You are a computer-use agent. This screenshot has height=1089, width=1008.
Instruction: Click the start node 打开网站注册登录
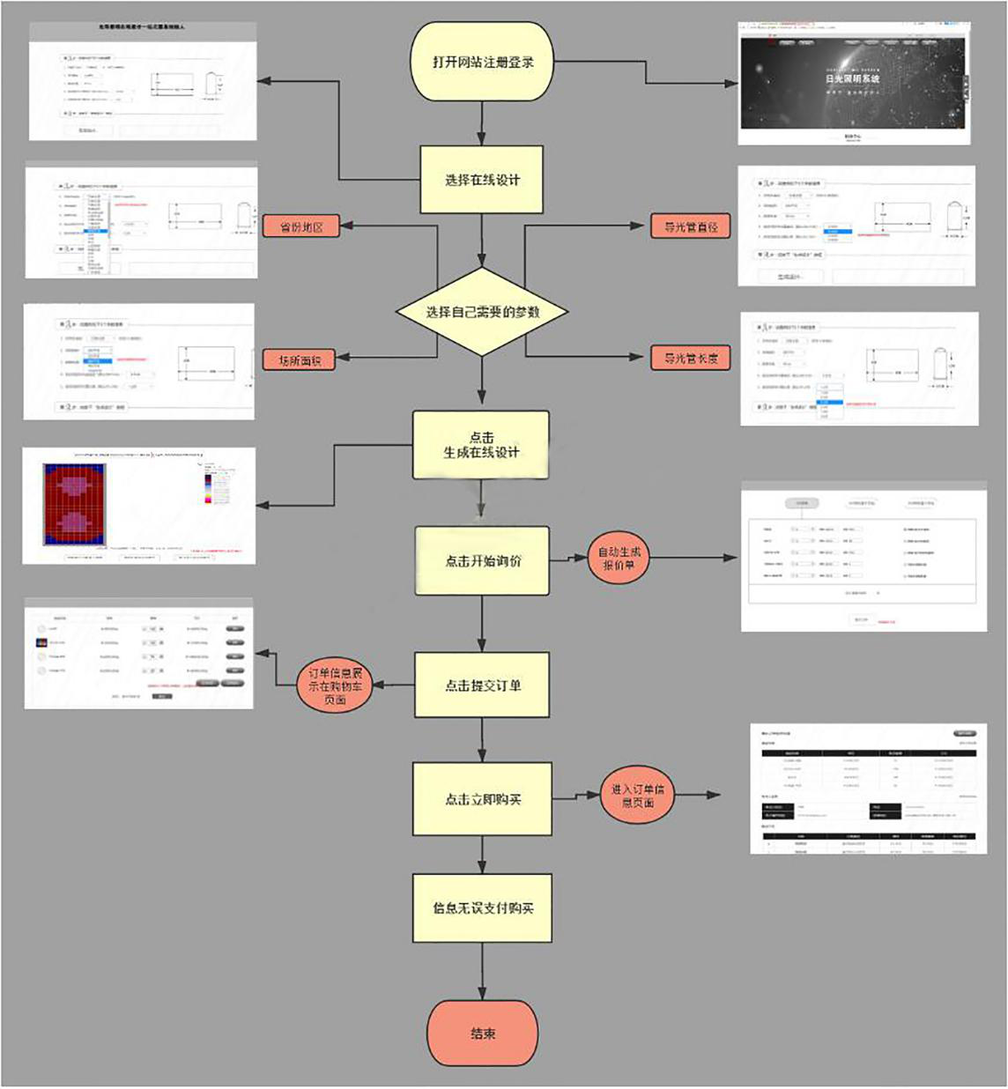pyautogui.click(x=482, y=63)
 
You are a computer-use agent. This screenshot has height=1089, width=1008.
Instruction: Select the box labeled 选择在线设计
pyautogui.click(x=481, y=180)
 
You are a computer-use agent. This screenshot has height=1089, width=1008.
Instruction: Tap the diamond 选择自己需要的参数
pyautogui.click(x=482, y=312)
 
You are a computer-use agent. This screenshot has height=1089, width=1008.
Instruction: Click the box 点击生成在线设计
pyautogui.click(x=481, y=445)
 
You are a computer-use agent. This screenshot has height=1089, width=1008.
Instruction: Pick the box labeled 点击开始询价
pyautogui.click(x=482, y=560)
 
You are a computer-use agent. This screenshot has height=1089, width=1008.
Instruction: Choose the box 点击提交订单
pyautogui.click(x=482, y=685)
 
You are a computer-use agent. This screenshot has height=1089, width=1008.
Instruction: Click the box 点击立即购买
pyautogui.click(x=482, y=799)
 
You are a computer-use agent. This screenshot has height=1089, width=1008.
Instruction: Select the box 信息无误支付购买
pyautogui.click(x=482, y=908)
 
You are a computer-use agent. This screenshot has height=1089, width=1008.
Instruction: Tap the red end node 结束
pyautogui.click(x=482, y=1033)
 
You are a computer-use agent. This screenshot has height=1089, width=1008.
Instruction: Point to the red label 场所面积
pyautogui.click(x=300, y=359)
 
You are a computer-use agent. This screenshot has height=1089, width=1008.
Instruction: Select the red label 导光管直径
pyautogui.click(x=690, y=226)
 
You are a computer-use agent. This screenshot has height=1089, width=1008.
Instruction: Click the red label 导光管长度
pyautogui.click(x=690, y=358)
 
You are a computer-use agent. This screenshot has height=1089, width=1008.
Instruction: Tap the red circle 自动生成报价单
pyautogui.click(x=619, y=558)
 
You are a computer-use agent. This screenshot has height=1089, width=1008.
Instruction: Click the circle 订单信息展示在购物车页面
pyautogui.click(x=335, y=685)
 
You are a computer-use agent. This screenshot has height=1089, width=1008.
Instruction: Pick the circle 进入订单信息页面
pyautogui.click(x=637, y=796)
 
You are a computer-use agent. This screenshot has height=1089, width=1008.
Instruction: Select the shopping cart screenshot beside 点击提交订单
pyautogui.click(x=138, y=654)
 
